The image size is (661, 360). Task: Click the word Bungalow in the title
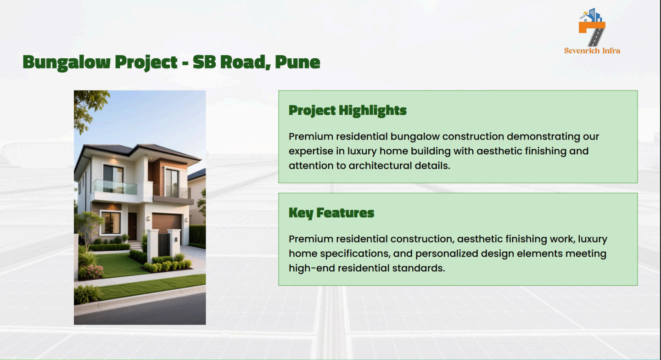pyautogui.click(x=67, y=62)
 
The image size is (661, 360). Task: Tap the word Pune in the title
pyautogui.click(x=297, y=62)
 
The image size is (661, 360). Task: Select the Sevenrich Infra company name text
pyautogui.click(x=592, y=51)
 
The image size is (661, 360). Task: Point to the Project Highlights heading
pyautogui.click(x=347, y=111)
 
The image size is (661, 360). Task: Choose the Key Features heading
pyautogui.click(x=331, y=213)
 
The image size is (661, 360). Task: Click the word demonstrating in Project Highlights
pyautogui.click(x=543, y=137)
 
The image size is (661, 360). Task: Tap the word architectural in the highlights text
pyautogui.click(x=380, y=166)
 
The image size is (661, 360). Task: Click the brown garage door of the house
pyautogui.click(x=167, y=223)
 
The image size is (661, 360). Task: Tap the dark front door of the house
pyautogui.click(x=132, y=226)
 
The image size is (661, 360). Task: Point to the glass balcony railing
pyautogui.click(x=115, y=187)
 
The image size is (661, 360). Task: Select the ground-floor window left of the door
pyautogui.click(x=111, y=223)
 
